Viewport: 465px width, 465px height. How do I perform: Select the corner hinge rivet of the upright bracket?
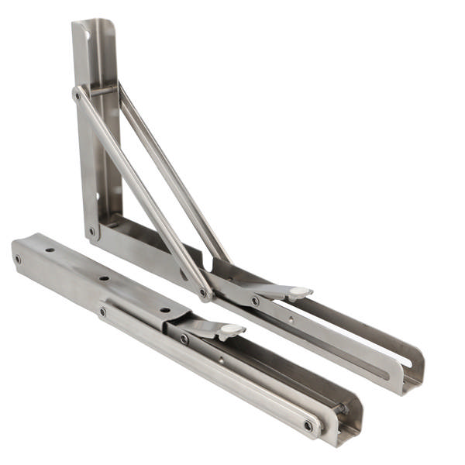click(91, 230)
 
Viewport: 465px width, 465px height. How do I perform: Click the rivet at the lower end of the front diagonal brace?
click(204, 294)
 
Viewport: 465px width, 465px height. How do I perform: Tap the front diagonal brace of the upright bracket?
click(139, 194)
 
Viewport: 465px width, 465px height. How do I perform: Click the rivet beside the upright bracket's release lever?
click(255, 301)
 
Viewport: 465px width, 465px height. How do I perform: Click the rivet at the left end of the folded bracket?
click(18, 259)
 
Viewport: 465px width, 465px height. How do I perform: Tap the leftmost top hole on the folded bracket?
click(50, 250)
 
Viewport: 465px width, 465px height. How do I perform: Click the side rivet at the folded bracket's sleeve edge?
click(102, 312)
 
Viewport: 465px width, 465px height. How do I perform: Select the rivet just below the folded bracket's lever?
click(184, 338)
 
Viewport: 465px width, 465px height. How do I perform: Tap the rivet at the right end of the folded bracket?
click(308, 425)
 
